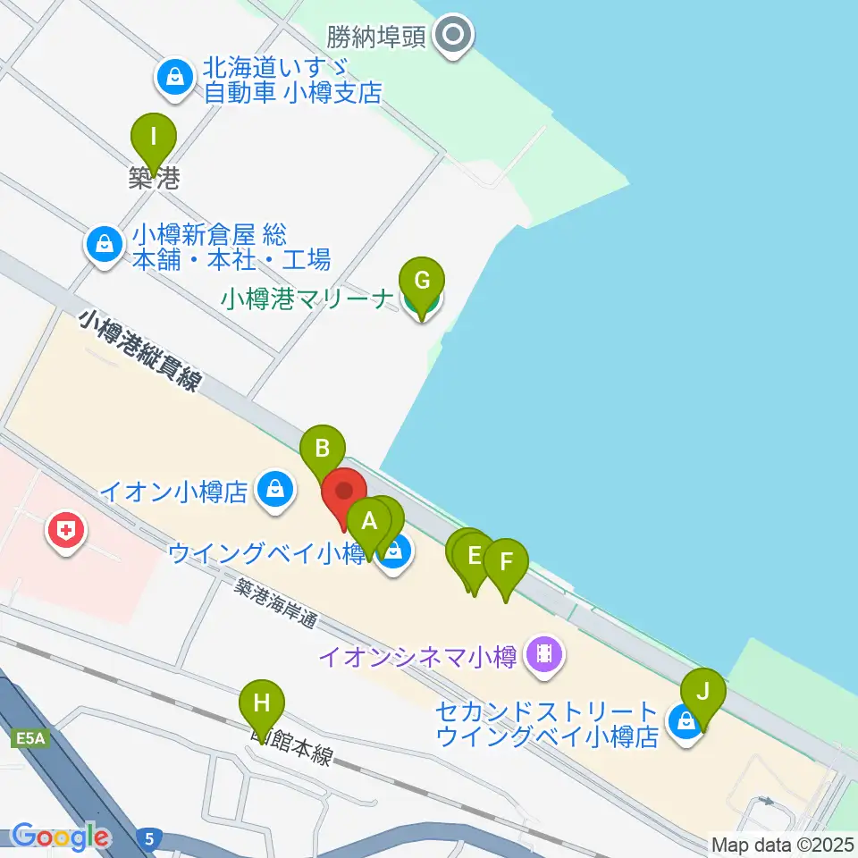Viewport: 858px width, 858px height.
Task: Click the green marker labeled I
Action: [154, 139]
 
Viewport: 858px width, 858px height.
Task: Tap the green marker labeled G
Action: [422, 282]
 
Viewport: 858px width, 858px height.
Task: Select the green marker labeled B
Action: [323, 449]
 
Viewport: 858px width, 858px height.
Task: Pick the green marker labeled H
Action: [261, 702]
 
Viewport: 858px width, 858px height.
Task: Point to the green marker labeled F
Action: [506, 563]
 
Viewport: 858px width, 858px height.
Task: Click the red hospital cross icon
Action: [66, 534]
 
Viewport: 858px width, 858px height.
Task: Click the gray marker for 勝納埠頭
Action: [453, 36]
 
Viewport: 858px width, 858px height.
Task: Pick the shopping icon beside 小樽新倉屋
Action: [105, 243]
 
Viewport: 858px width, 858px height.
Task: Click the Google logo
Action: [59, 837]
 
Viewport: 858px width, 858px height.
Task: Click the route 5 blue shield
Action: [150, 837]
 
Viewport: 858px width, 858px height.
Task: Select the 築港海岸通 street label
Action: [277, 604]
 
